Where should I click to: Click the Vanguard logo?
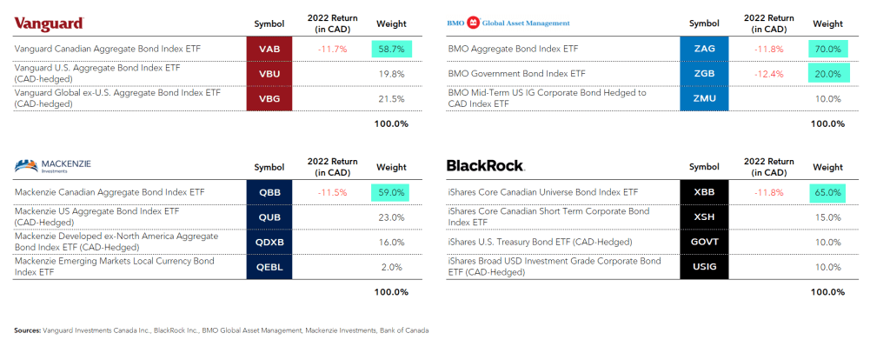coord(49,23)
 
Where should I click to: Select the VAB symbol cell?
coord(269,50)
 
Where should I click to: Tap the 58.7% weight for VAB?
coord(390,50)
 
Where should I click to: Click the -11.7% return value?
coord(331,50)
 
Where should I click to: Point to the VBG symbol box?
coord(269,99)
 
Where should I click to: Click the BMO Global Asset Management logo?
coord(508,23)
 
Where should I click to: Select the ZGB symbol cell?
coord(704,74)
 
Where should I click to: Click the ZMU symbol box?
coord(704,99)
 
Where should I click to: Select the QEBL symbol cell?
coord(269,266)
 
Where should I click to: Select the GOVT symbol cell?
coord(704,241)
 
